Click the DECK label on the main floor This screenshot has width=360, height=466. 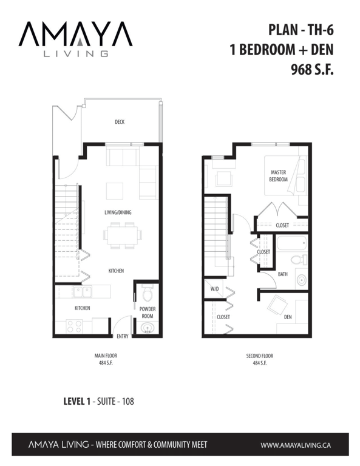120,122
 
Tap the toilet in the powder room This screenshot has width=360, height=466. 147,294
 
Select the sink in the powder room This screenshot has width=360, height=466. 147,328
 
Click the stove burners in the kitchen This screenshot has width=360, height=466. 74,326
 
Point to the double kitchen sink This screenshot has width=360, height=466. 83,292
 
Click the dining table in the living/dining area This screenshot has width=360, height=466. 123,235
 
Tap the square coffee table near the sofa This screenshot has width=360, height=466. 115,191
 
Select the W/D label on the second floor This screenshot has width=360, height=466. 215,289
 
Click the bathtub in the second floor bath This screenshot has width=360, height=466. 292,243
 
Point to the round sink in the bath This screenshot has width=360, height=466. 302,280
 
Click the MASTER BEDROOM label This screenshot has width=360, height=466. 279,175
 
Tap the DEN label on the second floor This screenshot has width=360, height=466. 288,317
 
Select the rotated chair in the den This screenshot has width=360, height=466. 277,305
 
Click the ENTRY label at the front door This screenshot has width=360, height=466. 123,336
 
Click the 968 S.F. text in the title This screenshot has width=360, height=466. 312,70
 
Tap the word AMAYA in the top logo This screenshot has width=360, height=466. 75,34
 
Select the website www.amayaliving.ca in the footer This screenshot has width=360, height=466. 296,445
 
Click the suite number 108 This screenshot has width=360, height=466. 128,401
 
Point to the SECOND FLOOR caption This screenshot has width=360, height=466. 259,356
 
